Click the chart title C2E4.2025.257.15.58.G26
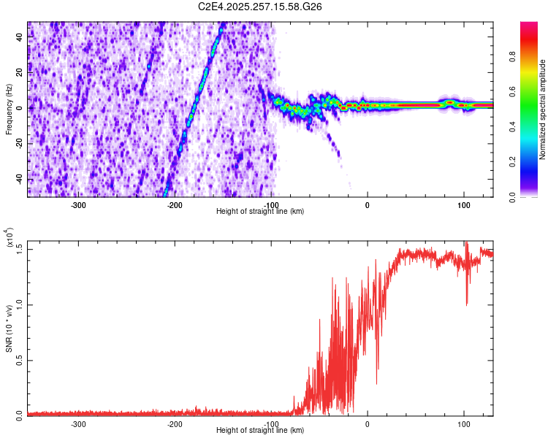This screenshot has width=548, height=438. pos(261,7)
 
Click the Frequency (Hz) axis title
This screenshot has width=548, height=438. pos(9,109)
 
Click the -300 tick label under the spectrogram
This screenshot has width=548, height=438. pos(79,204)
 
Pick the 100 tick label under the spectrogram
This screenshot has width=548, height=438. pos(463,204)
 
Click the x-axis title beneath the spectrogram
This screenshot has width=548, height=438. pos(260,211)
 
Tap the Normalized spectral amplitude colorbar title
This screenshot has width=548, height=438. pos(543,109)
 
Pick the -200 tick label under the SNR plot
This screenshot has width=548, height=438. pos(175,423)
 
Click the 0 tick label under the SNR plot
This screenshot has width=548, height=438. pos(368,423)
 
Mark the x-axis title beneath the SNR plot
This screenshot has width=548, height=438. pos(260,430)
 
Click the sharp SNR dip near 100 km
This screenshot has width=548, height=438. pos(466,303)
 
